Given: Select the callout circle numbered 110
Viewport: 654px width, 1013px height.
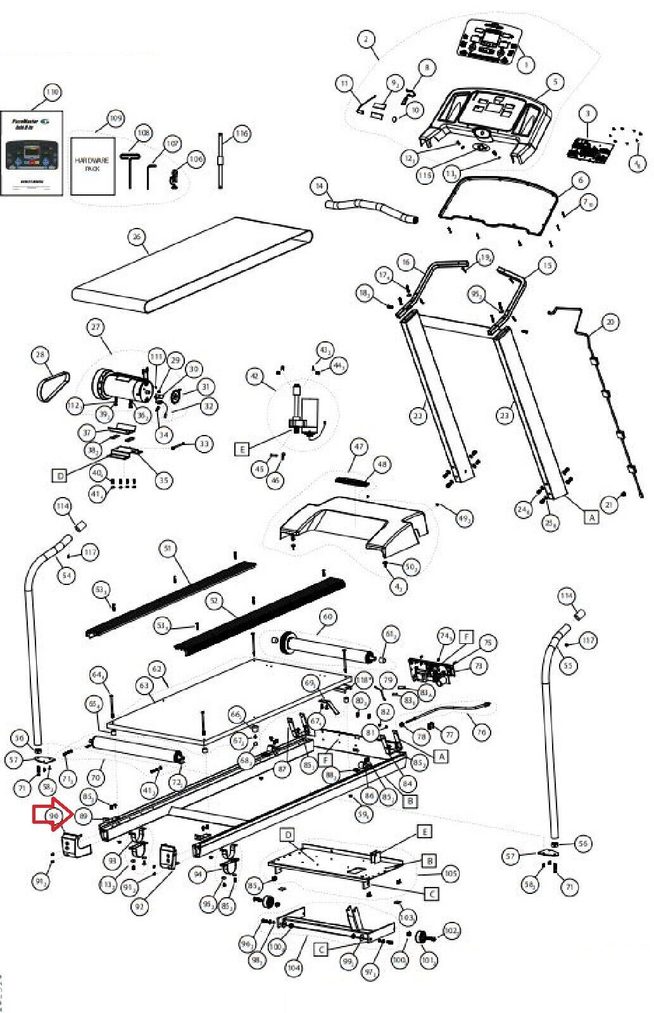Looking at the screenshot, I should click(52, 92).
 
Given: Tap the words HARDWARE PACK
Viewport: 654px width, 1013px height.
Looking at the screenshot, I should click(92, 165).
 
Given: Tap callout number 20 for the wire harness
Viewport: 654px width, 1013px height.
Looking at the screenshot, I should click(609, 322).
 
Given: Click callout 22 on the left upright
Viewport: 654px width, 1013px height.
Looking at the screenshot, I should click(417, 416).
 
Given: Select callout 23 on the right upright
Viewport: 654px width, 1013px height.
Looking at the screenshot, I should click(505, 416).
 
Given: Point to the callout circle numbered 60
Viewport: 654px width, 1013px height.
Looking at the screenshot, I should click(327, 615).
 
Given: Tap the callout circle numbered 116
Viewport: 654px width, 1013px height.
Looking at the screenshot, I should click(241, 134).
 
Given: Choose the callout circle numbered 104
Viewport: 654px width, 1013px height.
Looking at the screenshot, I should click(294, 967).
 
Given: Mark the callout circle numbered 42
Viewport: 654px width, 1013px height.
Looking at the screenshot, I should click(255, 376).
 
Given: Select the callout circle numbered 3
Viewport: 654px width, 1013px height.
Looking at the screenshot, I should click(588, 114).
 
